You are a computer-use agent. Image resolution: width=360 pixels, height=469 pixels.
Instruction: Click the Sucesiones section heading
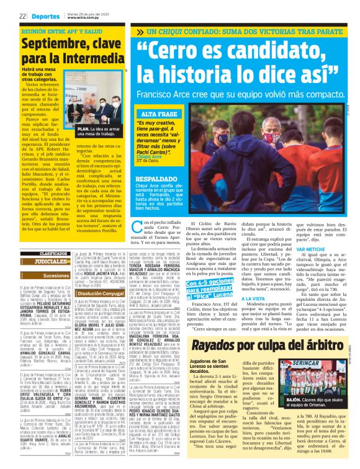click(x=56, y=275)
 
